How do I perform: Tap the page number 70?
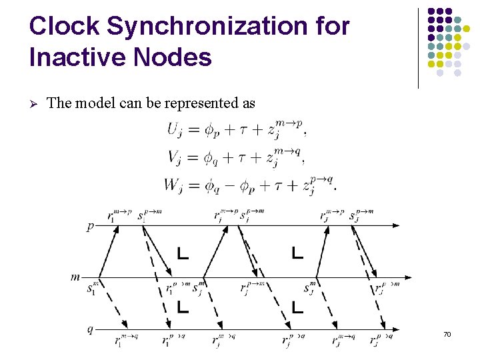coord(447,333)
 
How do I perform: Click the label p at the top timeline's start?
coord(90,227)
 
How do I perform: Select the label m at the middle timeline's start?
coord(76,276)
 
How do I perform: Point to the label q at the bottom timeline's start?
coord(90,329)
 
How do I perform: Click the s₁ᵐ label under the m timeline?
coord(93,289)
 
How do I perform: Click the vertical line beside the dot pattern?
coord(418,48)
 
